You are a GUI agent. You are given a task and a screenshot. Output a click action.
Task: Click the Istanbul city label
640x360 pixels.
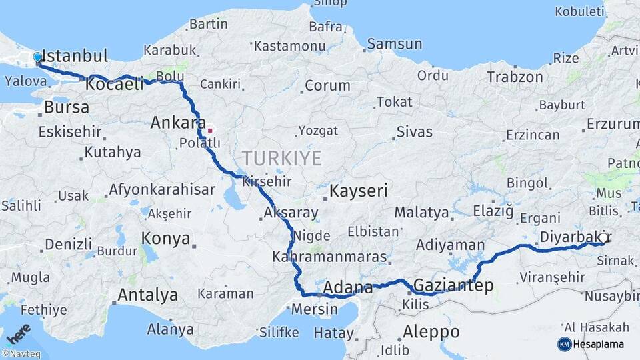(75, 55)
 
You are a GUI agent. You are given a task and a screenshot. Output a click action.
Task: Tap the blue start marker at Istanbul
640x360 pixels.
(37, 58)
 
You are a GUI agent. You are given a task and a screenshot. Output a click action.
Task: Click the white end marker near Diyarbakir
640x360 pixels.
(603, 237)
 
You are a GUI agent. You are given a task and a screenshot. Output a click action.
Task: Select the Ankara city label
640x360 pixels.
(178, 123)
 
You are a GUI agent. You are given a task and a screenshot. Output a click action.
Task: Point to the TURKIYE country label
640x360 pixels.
(281, 158)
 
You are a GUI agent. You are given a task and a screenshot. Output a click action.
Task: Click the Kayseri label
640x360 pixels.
(359, 191)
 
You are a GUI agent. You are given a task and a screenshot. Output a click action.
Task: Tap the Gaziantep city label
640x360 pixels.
(453, 286)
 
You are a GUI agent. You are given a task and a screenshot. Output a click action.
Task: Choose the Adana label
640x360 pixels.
(348, 288)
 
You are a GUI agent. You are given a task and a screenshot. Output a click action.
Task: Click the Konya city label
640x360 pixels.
(166, 239)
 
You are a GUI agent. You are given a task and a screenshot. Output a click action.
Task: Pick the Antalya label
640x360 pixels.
(147, 295)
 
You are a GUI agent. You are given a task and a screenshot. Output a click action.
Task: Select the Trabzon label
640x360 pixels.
(515, 77)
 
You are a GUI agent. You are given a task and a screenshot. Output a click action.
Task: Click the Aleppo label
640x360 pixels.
(431, 331)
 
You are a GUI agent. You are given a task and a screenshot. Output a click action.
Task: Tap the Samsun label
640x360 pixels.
(395, 45)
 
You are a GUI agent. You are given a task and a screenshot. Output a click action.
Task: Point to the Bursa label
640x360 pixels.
(67, 107)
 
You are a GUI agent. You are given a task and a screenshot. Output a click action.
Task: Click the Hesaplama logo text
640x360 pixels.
(598, 344)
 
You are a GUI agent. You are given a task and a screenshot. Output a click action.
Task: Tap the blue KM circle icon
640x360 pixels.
(564, 344)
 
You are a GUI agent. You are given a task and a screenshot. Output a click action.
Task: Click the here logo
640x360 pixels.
(18, 333)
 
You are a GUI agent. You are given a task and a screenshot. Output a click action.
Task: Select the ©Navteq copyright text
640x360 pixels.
(21, 354)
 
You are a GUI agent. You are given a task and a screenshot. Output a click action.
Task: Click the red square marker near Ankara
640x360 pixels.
(210, 131)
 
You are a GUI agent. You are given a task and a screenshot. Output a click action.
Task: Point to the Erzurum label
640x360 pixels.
(612, 124)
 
